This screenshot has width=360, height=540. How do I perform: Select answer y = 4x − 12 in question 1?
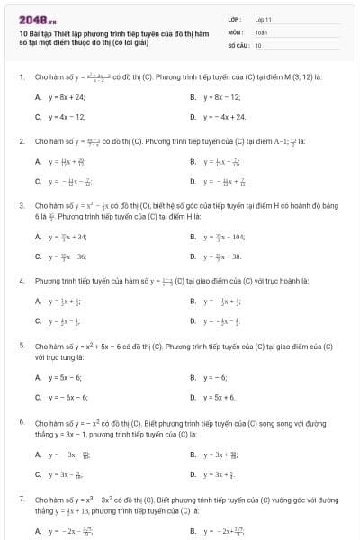(66, 117)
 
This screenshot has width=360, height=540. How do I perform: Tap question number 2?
(21, 141)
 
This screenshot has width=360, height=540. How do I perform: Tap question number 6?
(21, 421)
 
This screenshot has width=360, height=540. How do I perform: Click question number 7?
(21, 498)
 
